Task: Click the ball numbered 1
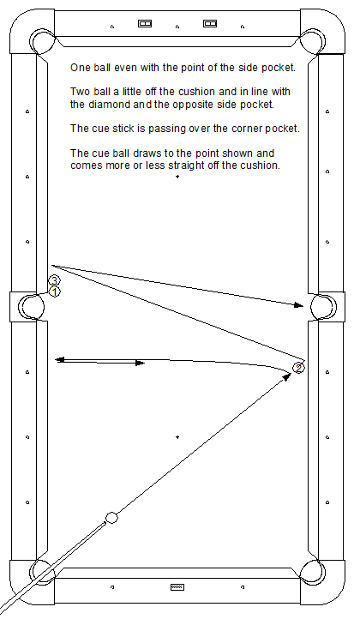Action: [55, 292]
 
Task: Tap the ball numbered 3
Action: [54, 280]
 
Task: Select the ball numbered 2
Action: [299, 368]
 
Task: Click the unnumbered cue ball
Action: [111, 518]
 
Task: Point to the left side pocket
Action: [32, 307]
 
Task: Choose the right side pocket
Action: [324, 307]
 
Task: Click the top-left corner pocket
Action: [43, 41]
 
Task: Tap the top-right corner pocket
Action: [313, 41]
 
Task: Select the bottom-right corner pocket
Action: [313, 573]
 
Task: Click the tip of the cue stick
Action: [105, 523]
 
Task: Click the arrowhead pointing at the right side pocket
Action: [299, 304]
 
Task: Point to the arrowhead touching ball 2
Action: [287, 376]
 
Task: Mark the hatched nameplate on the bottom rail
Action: [177, 587]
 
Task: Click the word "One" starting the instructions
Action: [80, 68]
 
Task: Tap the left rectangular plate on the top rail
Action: [145, 24]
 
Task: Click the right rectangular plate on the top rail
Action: [210, 24]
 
